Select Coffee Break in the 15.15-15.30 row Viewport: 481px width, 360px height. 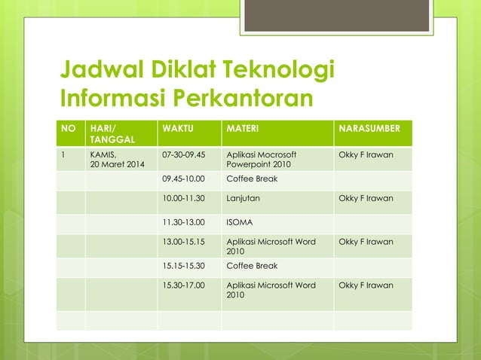pyautogui.click(x=252, y=266)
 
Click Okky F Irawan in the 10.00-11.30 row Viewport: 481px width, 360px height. pyautogui.click(x=366, y=199)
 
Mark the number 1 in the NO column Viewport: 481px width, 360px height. pyautogui.click(x=63, y=154)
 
